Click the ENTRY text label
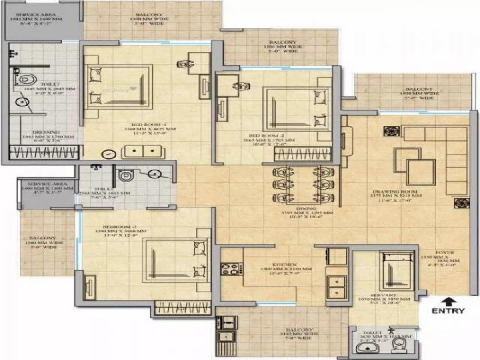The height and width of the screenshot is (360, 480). coord(448,311)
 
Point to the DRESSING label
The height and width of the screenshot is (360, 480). coord(47,132)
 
